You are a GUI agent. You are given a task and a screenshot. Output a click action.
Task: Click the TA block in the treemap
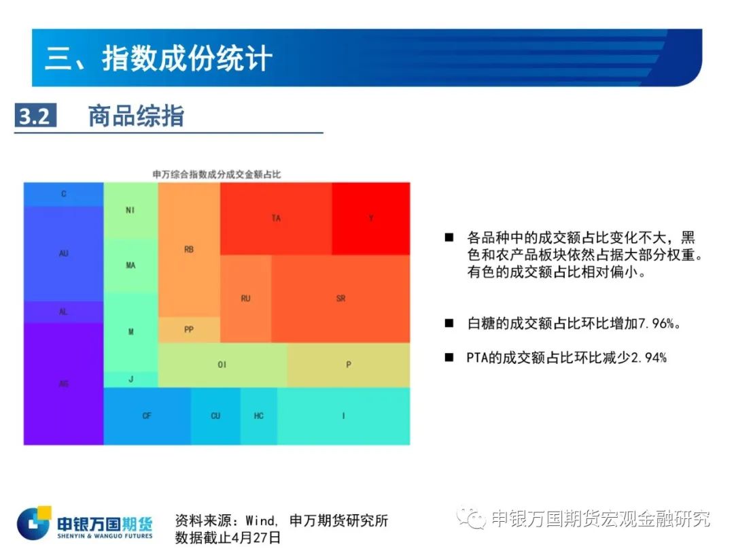276,218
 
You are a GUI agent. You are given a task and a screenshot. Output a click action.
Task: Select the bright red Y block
371,218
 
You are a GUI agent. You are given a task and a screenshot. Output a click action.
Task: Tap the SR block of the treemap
340,299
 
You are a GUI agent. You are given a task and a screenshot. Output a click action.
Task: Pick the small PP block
189,330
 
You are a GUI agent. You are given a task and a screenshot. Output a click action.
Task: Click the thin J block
130,379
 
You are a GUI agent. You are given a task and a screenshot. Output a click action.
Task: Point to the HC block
259,416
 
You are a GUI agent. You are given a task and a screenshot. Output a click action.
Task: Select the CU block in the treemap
216,416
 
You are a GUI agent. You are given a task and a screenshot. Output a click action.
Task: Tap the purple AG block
64,384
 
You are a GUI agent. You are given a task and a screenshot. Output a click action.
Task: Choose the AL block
64,312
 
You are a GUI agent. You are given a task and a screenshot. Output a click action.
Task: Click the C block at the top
64,194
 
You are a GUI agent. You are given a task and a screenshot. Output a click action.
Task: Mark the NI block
130,210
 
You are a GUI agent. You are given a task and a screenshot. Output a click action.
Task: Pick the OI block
222,365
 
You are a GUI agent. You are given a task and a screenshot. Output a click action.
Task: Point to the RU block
246,299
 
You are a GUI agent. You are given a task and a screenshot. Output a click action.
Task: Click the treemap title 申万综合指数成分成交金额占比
217,174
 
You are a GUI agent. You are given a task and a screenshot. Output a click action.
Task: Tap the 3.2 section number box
35,115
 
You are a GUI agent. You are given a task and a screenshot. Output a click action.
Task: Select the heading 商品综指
136,116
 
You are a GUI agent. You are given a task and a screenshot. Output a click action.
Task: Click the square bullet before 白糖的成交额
449,323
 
